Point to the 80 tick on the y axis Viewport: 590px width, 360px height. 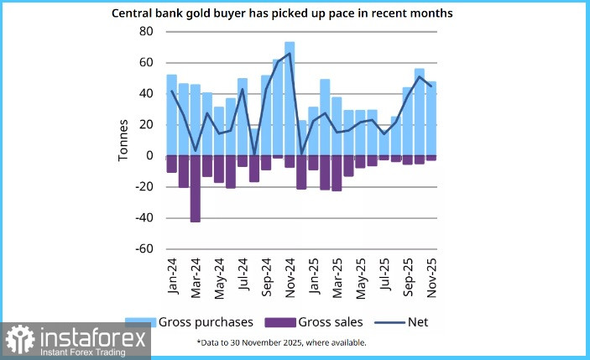[146, 32]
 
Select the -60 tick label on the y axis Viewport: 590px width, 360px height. [144, 249]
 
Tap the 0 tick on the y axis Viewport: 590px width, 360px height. [149, 156]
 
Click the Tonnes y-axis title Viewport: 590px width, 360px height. [123, 140]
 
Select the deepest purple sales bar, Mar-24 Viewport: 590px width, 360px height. [196, 189]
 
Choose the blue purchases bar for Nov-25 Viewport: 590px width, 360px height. [431, 118]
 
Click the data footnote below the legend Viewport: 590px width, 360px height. [281, 342]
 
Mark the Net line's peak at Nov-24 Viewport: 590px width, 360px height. [290, 54]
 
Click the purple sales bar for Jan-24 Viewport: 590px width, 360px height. [172, 164]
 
